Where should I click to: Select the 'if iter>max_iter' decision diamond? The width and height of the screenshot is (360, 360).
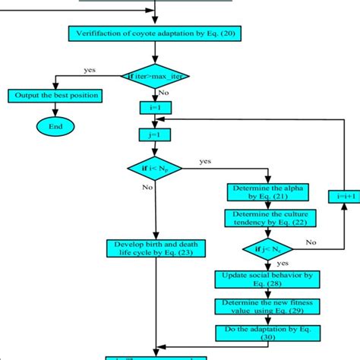click(155, 75)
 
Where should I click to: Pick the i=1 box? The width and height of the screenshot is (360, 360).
click(155, 107)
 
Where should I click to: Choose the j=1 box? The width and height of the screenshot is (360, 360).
click(155, 134)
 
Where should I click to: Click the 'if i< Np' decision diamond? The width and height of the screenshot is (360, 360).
click(155, 167)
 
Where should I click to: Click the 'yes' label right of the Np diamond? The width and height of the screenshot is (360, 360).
click(205, 161)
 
